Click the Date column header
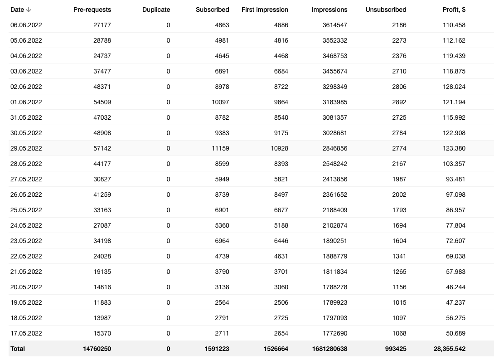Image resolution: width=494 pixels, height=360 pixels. pyautogui.click(x=17, y=10)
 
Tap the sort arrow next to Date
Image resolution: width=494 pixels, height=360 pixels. pyautogui.click(x=29, y=10)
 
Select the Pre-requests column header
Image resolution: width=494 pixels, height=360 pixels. pyautogui.click(x=92, y=10)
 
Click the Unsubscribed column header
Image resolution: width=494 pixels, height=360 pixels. pyautogui.click(x=386, y=10)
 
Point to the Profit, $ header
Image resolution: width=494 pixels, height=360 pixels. pyautogui.click(x=454, y=10)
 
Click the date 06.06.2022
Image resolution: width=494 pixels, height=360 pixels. pyautogui.click(x=26, y=25)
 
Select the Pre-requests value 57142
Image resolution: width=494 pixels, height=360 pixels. pyautogui.click(x=102, y=148)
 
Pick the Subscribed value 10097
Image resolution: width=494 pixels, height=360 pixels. pyautogui.click(x=220, y=102)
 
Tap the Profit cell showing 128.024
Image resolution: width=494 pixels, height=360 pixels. pyautogui.click(x=454, y=87)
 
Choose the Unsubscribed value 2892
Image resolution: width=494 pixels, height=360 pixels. pyautogui.click(x=399, y=102)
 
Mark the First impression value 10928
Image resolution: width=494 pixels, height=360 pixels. pyautogui.click(x=276, y=148)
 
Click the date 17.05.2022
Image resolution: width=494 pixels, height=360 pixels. pyautogui.click(x=26, y=333)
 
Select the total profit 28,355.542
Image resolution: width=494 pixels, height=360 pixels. pyautogui.click(x=449, y=349)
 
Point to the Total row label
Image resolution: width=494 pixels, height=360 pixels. pyautogui.click(x=18, y=349)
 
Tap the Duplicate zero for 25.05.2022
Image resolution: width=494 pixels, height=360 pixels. pyautogui.click(x=168, y=210)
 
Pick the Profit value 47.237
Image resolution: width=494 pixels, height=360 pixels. pyautogui.click(x=455, y=302)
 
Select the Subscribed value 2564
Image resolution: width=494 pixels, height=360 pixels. pyautogui.click(x=222, y=302)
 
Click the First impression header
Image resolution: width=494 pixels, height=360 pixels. pyautogui.click(x=265, y=10)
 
